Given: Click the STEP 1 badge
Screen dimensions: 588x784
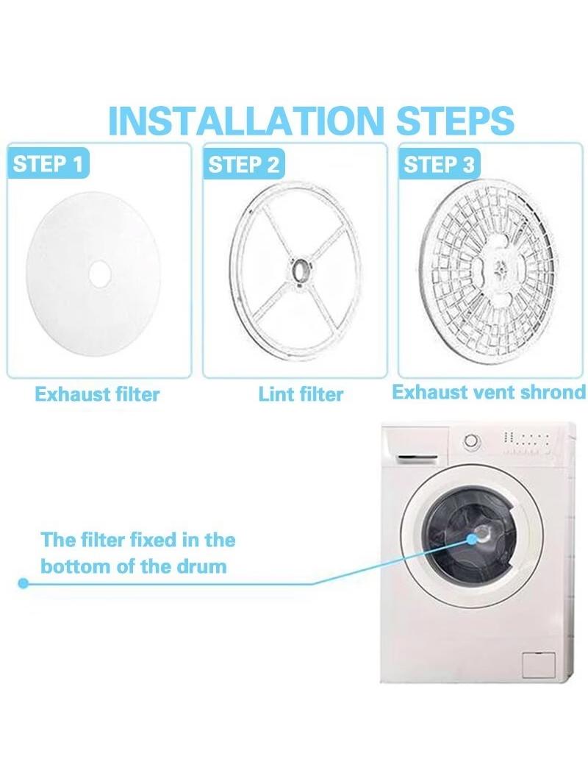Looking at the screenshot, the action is click(48, 163).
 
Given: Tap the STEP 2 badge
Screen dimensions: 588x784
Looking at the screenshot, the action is click(244, 164).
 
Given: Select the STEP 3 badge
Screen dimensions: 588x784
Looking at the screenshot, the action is click(439, 163).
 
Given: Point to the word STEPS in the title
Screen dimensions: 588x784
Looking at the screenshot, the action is click(455, 121).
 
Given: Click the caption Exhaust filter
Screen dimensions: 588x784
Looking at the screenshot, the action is click(98, 394).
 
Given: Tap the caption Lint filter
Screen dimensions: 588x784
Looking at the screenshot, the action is click(301, 394).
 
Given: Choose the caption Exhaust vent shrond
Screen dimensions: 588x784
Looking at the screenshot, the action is click(489, 392).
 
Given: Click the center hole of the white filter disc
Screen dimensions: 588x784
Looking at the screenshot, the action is click(99, 273).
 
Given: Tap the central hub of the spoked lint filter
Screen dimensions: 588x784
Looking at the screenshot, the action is click(301, 271).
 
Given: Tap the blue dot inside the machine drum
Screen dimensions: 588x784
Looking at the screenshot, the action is click(471, 538).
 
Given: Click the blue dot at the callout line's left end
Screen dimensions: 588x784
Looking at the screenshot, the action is click(23, 583).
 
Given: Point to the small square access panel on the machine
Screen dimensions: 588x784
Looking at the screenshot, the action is click(538, 665).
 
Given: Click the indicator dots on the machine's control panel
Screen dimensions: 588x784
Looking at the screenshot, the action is click(526, 443).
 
